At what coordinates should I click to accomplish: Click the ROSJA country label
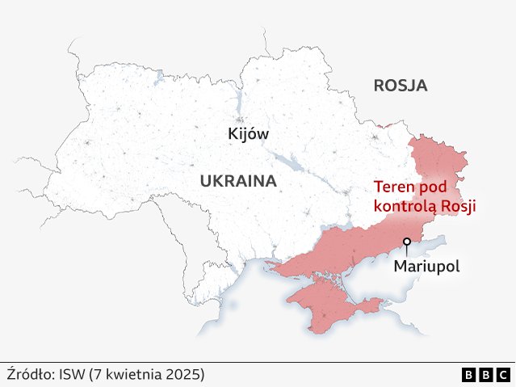(x=400, y=86)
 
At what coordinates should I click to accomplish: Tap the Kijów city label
(x=248, y=134)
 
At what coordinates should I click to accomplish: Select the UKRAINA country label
(x=238, y=181)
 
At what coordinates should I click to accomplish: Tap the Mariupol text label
(x=426, y=266)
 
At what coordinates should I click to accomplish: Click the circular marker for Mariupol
(x=407, y=241)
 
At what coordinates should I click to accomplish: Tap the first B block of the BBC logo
(x=469, y=375)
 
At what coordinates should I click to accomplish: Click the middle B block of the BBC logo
(x=486, y=375)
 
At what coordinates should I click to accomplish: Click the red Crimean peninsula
(x=323, y=303)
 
